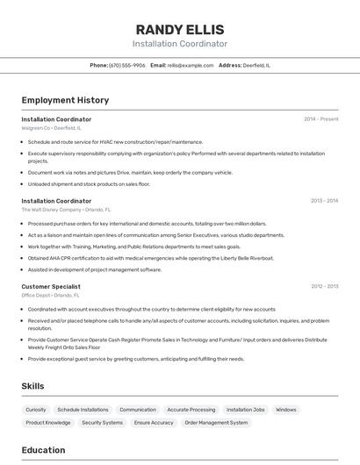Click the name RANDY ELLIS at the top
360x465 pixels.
click(180, 30)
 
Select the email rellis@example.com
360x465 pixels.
click(191, 65)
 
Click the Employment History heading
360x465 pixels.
click(65, 100)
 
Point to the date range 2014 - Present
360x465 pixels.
click(320, 119)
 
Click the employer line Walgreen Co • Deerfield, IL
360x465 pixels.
click(51, 128)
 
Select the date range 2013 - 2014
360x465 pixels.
click(324, 201)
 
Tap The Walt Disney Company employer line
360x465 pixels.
click(66, 210)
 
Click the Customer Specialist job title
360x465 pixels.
click(51, 286)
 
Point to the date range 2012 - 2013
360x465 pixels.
click(324, 286)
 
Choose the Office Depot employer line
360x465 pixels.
click(51, 296)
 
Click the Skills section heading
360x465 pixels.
click(33, 386)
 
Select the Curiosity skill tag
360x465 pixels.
click(36, 410)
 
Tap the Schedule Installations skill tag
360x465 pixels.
click(83, 410)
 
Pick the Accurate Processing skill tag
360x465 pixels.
click(191, 410)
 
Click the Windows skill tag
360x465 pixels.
click(285, 410)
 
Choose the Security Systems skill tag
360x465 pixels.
click(102, 423)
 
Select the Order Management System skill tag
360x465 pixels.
click(216, 423)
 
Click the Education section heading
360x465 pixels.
click(43, 450)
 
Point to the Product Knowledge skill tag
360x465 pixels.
click(48, 423)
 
